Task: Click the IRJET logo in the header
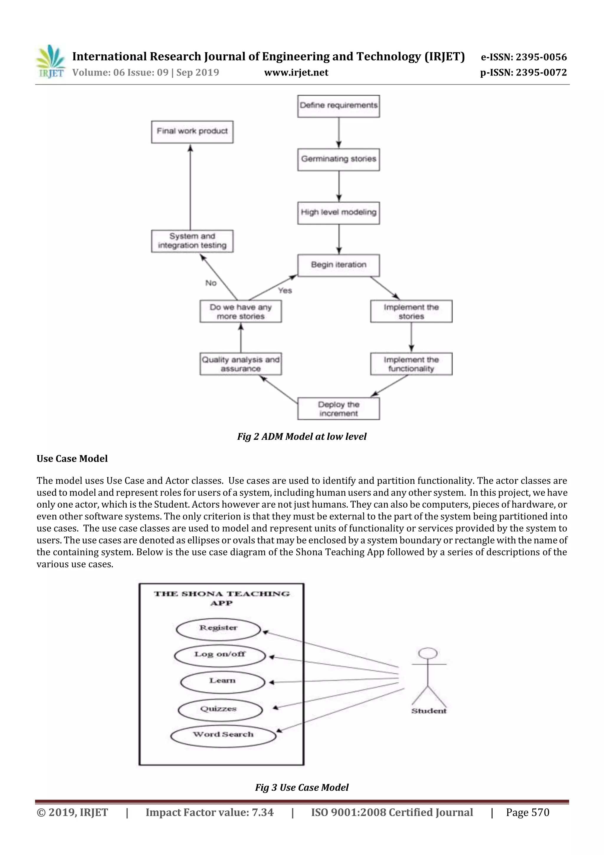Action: (50, 61)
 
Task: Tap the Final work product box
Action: (192, 131)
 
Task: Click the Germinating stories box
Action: (338, 159)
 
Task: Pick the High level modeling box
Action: (338, 212)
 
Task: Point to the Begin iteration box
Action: (338, 265)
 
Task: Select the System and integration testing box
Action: (192, 241)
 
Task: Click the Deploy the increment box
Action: (338, 408)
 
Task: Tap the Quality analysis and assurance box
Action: (240, 364)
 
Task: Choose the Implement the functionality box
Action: (411, 364)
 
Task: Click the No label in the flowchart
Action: (211, 283)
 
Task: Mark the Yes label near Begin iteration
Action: (285, 290)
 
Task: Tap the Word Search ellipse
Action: (223, 735)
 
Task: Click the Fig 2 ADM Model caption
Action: (301, 437)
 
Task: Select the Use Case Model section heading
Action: (72, 458)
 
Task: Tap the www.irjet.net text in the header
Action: (296, 72)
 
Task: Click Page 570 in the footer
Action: (527, 812)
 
